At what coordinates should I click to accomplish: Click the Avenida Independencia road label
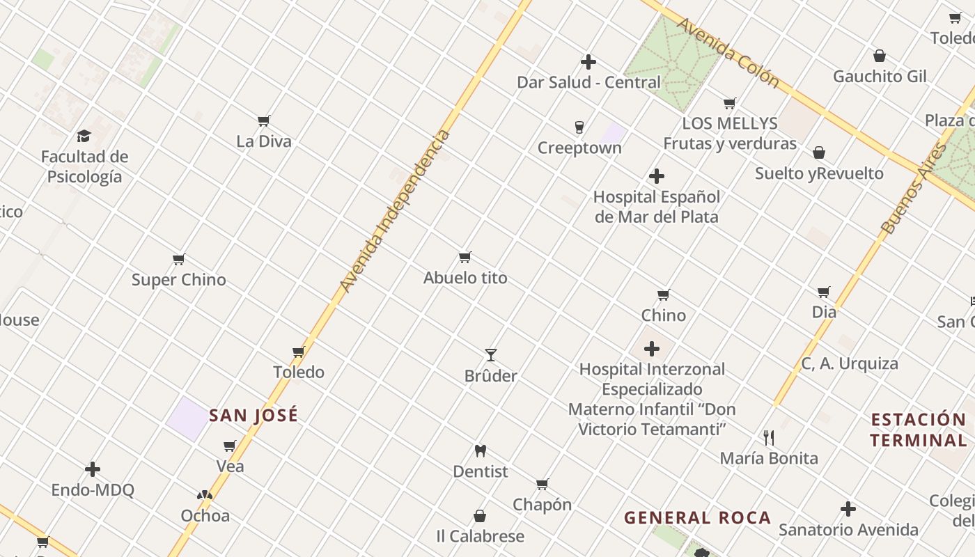tap(395, 211)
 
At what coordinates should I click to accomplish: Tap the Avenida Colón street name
tap(728, 53)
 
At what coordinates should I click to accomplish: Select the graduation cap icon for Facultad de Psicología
tap(84, 136)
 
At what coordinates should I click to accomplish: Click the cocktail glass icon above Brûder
tap(491, 355)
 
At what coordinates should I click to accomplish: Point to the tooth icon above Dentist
tap(480, 450)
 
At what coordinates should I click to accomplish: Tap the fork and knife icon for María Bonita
tap(769, 437)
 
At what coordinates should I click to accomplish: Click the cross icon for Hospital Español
tap(656, 176)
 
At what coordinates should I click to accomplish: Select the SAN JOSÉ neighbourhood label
tap(253, 416)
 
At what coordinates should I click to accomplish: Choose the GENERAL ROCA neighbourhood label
tap(697, 518)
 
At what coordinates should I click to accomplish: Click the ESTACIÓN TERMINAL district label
tap(918, 430)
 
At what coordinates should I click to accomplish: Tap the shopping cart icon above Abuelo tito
tap(465, 258)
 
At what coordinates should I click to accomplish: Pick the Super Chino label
tap(179, 280)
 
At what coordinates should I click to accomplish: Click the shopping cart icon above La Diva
tap(264, 121)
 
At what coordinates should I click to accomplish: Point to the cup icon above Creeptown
tap(579, 127)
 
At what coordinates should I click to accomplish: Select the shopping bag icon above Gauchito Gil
tap(880, 56)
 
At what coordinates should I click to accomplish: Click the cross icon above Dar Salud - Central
tap(588, 62)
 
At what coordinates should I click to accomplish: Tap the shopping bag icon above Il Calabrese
tap(480, 516)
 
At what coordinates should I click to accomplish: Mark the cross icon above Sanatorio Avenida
tap(848, 509)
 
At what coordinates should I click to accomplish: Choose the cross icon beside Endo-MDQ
tap(93, 469)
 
